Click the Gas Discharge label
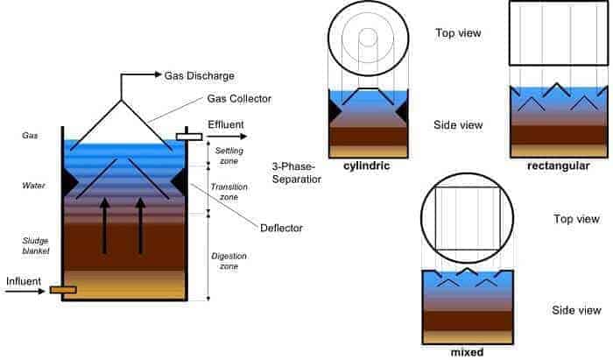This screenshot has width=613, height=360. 199,76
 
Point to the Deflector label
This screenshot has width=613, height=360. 281,229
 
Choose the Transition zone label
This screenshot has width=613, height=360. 230,193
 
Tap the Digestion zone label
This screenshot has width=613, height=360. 230,261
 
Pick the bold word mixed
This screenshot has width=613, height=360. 468,352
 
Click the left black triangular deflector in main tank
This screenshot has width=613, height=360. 68,181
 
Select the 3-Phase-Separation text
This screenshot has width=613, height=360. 297,173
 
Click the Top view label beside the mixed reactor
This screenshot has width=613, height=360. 577,219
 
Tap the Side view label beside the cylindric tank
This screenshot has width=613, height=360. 458,125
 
